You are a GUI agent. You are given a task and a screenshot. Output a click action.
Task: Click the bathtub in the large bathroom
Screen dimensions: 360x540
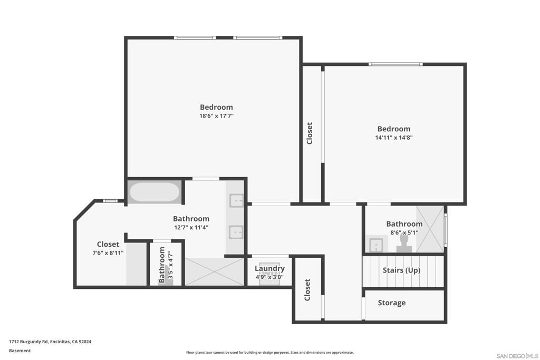tap(155, 192)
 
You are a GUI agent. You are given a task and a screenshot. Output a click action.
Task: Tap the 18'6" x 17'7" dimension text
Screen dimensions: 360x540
tap(216, 116)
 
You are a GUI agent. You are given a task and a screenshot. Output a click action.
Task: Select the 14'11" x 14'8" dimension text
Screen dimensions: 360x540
tap(393, 138)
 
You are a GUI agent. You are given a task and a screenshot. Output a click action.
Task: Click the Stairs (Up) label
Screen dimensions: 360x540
tap(401, 270)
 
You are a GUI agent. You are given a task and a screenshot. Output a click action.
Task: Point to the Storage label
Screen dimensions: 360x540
tap(392, 303)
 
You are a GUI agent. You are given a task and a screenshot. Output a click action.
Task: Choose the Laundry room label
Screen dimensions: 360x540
tap(269, 268)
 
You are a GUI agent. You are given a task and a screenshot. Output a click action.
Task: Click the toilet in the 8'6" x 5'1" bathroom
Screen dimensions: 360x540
tap(404, 242)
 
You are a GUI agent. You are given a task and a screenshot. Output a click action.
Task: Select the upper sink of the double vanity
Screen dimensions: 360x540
tap(236, 200)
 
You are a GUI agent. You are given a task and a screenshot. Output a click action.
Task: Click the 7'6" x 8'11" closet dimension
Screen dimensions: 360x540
tap(108, 253)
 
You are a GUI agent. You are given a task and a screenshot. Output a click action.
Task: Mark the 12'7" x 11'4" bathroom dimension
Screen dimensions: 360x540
tap(191, 228)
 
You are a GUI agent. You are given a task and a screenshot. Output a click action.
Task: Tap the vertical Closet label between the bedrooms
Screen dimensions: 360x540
tap(310, 133)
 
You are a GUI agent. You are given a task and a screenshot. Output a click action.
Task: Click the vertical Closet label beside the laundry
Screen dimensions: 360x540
tap(307, 290)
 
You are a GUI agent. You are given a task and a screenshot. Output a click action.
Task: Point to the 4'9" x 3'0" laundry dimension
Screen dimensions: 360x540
tap(269, 277)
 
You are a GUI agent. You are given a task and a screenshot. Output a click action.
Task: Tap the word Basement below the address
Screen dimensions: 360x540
tap(20, 351)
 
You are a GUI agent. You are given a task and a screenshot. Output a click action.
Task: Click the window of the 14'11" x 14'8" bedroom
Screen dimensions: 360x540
tap(396, 64)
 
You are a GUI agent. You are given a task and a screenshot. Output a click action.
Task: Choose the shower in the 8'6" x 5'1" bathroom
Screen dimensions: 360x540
tap(430, 229)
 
